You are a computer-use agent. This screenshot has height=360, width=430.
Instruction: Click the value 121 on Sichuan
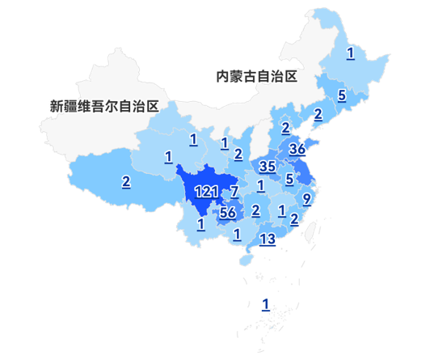pyautogui.click(x=207, y=192)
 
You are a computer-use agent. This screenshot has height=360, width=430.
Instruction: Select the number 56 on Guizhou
pyautogui.click(x=227, y=213)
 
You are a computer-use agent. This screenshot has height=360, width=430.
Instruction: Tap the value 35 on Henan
pyautogui.click(x=268, y=167)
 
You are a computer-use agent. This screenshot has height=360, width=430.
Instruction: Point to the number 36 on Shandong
pyautogui.click(x=297, y=150)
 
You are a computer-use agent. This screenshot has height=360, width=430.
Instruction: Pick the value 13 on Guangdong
pyautogui.click(x=268, y=238)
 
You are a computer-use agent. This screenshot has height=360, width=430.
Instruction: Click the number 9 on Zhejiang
pyautogui.click(x=306, y=198)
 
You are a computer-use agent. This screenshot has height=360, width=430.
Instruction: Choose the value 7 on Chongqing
pyautogui.click(x=234, y=192)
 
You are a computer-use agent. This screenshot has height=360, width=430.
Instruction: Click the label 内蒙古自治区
pyautogui.click(x=256, y=77)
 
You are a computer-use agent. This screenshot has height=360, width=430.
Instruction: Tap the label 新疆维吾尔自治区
pyautogui.click(x=103, y=106)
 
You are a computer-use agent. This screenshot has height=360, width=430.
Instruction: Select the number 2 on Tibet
pyautogui.click(x=126, y=181)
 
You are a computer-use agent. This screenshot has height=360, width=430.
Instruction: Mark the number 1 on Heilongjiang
pyautogui.click(x=350, y=53)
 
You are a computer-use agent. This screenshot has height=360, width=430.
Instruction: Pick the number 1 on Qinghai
pyautogui.click(x=168, y=156)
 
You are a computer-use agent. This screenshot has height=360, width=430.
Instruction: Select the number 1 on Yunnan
pyautogui.click(x=200, y=223)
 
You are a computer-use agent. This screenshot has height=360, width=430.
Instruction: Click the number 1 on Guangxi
pyautogui.click(x=237, y=235)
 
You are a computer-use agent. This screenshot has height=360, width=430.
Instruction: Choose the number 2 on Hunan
pyautogui.click(x=255, y=211)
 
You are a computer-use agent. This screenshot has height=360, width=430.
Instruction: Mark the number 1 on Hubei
pyautogui.click(x=260, y=186)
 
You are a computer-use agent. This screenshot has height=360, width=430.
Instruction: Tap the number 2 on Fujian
pyautogui.click(x=293, y=218)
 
